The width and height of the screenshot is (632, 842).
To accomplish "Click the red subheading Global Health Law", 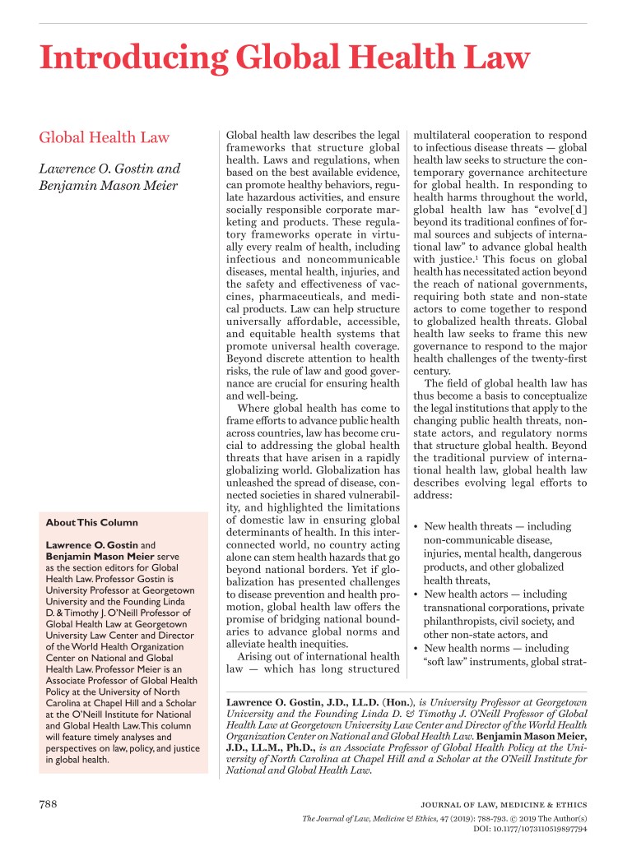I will click(x=104, y=137).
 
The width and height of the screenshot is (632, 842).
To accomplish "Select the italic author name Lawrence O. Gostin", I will click(x=110, y=169).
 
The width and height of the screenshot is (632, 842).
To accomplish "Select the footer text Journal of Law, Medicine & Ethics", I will click(x=513, y=804).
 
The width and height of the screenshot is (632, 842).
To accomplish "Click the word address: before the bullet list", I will click(x=434, y=496).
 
